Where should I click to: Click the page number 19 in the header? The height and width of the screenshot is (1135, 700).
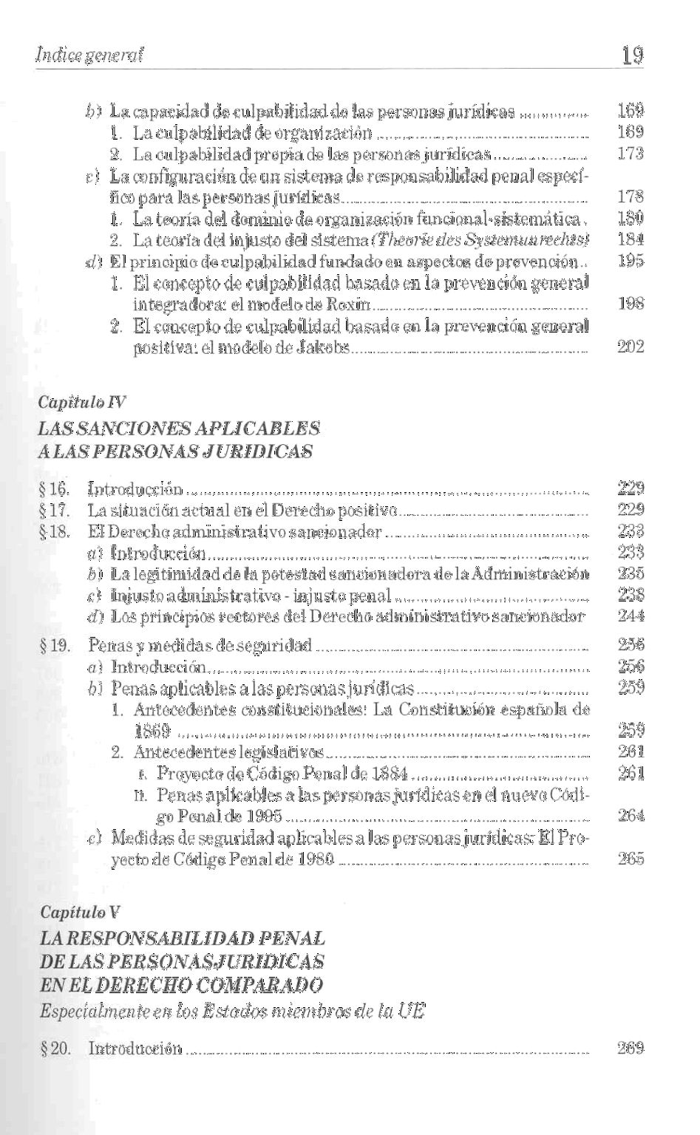(x=632, y=54)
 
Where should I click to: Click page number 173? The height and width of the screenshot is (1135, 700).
(x=631, y=154)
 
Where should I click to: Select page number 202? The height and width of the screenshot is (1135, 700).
(x=631, y=347)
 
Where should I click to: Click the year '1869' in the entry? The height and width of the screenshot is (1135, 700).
(x=153, y=732)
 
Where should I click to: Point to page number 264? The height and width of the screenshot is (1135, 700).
(x=631, y=816)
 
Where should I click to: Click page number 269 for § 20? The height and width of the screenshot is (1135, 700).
(x=631, y=1048)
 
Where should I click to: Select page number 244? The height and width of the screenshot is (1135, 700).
(x=631, y=616)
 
